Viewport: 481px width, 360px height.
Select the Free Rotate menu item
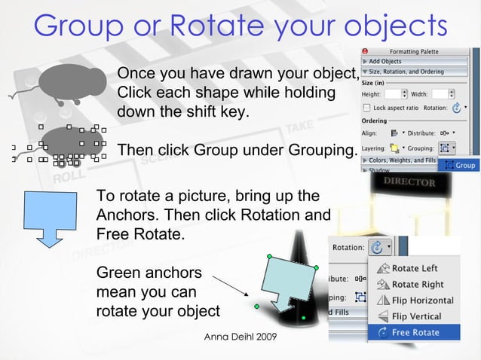pyautogui.click(x=415, y=332)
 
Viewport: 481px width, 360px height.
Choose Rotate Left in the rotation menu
pyautogui.click(x=414, y=268)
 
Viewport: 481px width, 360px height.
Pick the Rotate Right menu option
pyautogui.click(x=417, y=284)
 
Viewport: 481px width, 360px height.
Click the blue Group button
pyautogui.click(x=460, y=165)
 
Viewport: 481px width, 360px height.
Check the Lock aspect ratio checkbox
pyautogui.click(x=367, y=108)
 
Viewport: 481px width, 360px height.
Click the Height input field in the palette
pyautogui.click(x=393, y=94)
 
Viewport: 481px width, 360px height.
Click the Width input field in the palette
pyautogui.click(x=439, y=94)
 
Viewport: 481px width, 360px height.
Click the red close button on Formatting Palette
pyautogui.click(x=364, y=52)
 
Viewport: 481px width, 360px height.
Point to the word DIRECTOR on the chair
pyautogui.click(x=409, y=182)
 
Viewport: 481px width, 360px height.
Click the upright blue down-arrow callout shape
pyautogui.click(x=50, y=215)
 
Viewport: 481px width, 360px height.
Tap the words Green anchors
pyautogui.click(x=149, y=273)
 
